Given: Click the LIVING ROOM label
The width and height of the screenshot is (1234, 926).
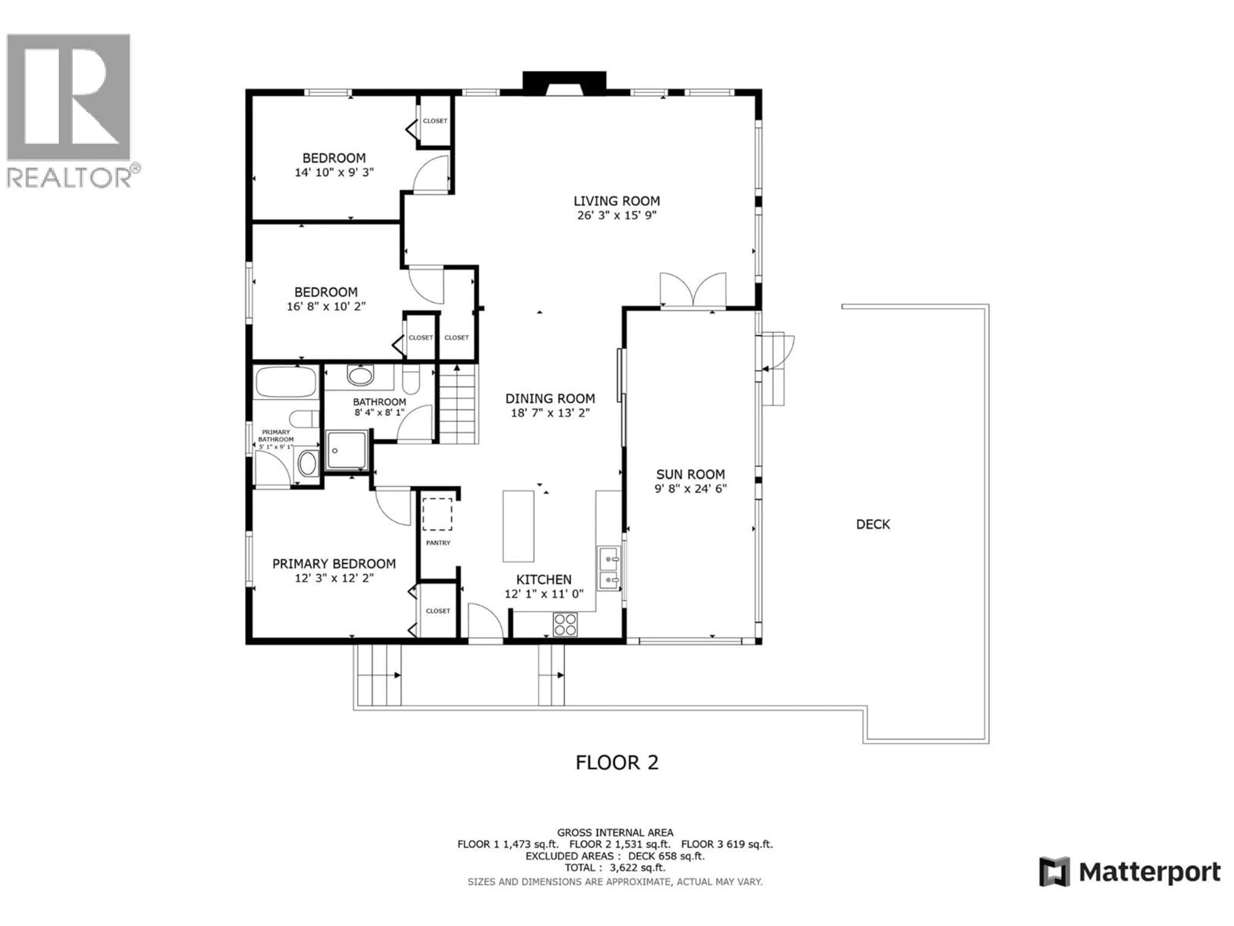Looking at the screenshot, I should click(x=616, y=201).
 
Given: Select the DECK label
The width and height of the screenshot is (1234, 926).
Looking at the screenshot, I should click(x=873, y=524).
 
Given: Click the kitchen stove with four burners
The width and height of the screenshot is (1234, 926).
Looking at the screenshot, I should click(x=565, y=624).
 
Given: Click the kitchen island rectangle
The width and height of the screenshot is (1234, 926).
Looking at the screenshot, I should click(x=518, y=526).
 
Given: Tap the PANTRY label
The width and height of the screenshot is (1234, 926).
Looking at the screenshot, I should click(x=438, y=542).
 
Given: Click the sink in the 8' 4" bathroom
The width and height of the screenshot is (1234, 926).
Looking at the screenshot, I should click(x=360, y=375).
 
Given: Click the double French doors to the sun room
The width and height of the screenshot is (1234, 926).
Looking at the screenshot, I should click(x=693, y=290).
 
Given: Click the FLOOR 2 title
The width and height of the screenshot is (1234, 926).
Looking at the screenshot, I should click(x=617, y=762).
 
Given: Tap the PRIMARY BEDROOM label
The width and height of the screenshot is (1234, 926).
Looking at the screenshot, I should click(x=334, y=564).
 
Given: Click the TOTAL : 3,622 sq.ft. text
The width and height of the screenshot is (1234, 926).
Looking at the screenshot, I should click(x=615, y=868).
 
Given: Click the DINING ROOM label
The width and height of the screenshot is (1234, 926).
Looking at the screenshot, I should click(x=550, y=398).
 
